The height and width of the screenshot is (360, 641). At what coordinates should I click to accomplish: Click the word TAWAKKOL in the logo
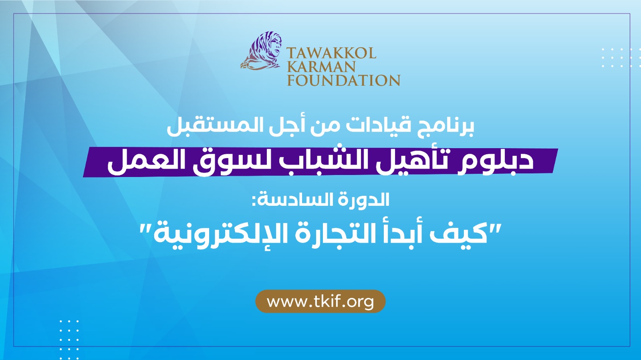pyautogui.click(x=331, y=53)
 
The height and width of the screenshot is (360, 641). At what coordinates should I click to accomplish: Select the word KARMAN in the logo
pyautogui.click(x=321, y=66)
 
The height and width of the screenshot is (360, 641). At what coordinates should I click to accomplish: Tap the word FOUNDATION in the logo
pyautogui.click(x=343, y=80)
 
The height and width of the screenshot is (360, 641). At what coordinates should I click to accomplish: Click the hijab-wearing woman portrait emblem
pyautogui.click(x=261, y=51)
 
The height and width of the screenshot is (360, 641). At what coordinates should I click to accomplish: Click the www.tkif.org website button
pyautogui.click(x=320, y=302)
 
